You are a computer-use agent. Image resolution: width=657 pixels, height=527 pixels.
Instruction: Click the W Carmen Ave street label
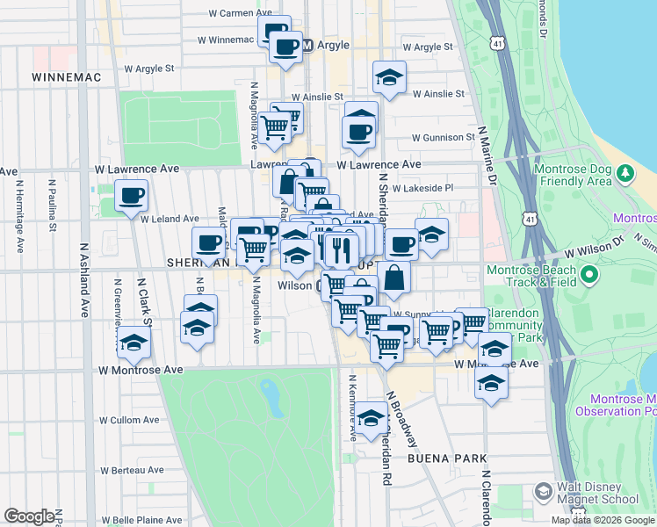pyautogui.click(x=241, y=13)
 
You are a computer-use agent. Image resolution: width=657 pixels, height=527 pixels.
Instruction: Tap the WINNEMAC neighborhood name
pyautogui.click(x=66, y=77)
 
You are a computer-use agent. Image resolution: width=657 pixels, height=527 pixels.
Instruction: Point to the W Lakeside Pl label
pyautogui.click(x=422, y=188)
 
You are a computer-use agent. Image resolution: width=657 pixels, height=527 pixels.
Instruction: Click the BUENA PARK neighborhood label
pyautogui.click(x=441, y=459)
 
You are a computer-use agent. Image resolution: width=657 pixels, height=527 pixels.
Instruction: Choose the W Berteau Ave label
pyautogui.click(x=131, y=470)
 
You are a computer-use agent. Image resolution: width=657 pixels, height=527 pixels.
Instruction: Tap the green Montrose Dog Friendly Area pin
pyautogui.click(x=625, y=173)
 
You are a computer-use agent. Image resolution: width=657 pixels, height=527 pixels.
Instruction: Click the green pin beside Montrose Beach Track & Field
pyautogui.click(x=588, y=277)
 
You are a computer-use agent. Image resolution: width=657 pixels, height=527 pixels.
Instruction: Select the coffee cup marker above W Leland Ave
pyautogui.click(x=131, y=195)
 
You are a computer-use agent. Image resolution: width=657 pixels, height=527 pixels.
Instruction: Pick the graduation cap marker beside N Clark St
pyautogui.click(x=133, y=343)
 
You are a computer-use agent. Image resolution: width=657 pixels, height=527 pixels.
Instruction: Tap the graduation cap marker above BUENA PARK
pyautogui.click(x=372, y=418)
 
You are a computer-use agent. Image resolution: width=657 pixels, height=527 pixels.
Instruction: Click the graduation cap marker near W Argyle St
pyautogui.click(x=389, y=77)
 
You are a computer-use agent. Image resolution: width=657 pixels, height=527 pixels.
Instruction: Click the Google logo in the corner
pyautogui.click(x=30, y=516)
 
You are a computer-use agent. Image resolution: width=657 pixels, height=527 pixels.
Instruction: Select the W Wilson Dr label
pyautogui.click(x=594, y=251)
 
